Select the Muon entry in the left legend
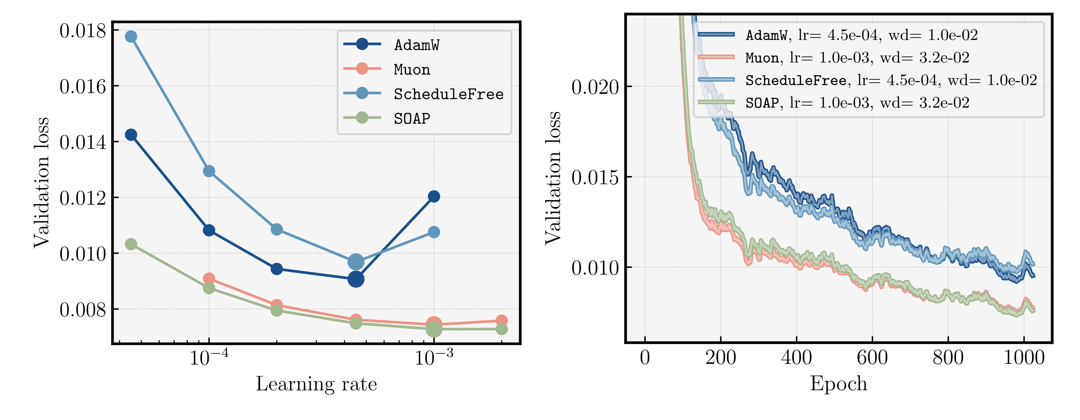click(x=412, y=70)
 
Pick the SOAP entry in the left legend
click(x=412, y=119)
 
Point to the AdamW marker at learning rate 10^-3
click(x=434, y=196)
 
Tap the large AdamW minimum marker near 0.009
click(x=356, y=279)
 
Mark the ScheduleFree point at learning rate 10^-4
click(x=209, y=171)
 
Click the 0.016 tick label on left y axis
click(x=83, y=87)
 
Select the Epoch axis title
click(x=838, y=384)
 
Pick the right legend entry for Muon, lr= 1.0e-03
click(x=857, y=58)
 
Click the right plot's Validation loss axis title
click(x=553, y=178)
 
